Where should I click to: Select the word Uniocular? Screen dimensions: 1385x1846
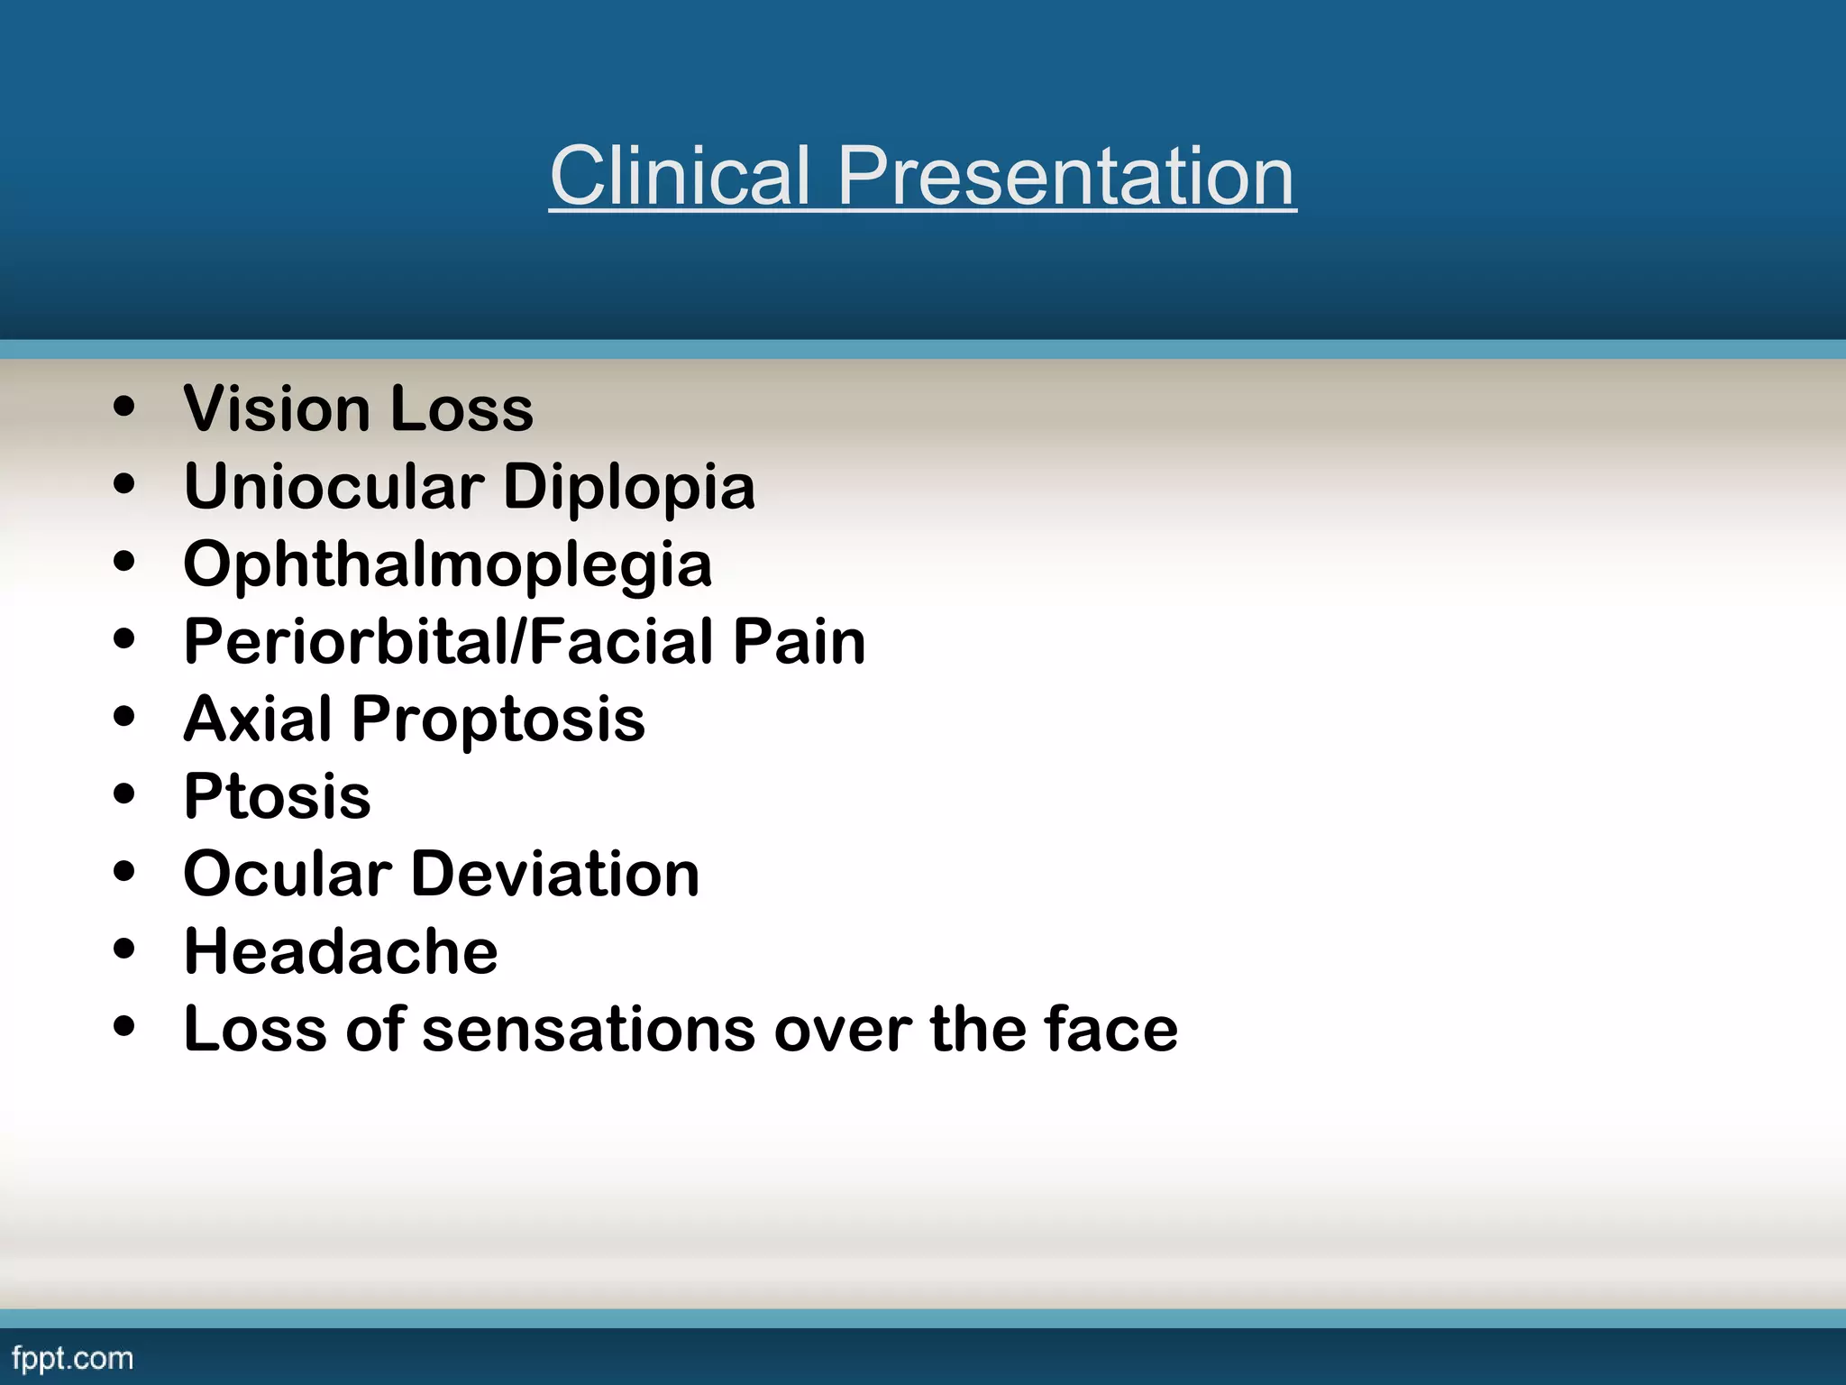point(334,487)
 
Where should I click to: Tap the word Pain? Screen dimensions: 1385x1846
point(799,642)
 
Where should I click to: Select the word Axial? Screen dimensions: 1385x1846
point(258,720)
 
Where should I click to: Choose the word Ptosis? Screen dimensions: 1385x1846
point(277,797)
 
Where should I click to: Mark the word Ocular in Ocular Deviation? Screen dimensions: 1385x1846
point(288,875)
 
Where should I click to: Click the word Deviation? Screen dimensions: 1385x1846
point(555,875)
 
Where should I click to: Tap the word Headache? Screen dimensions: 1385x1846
point(341,952)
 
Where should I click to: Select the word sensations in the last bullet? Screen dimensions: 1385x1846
point(589,1030)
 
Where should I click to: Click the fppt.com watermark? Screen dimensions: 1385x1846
point(72,1359)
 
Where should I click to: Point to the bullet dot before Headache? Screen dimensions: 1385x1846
point(124,949)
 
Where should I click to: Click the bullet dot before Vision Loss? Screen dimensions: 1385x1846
point(124,406)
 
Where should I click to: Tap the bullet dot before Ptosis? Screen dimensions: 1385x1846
point(124,793)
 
